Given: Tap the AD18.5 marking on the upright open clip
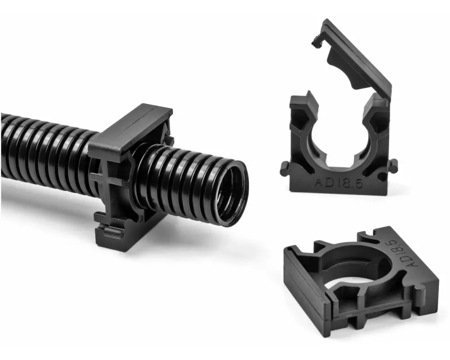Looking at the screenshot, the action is click(339, 183).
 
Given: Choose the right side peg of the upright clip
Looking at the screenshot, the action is click(393, 166).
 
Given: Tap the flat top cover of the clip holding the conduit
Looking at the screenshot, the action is click(130, 129).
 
